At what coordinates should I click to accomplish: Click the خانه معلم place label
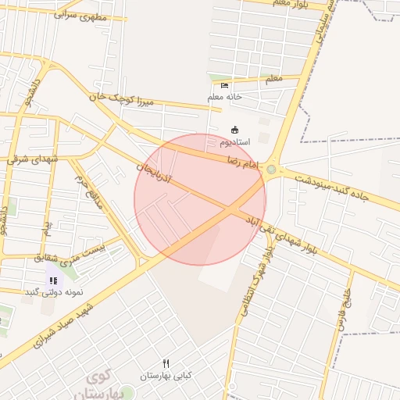click(225, 97)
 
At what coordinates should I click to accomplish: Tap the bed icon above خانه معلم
click(225, 85)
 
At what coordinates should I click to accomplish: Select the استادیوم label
click(234, 142)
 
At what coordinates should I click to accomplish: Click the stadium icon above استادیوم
click(234, 130)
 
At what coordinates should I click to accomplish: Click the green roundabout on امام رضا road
click(271, 169)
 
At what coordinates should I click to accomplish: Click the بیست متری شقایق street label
click(74, 253)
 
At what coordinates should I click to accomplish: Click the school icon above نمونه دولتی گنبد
click(53, 280)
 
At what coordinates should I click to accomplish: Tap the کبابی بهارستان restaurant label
click(166, 376)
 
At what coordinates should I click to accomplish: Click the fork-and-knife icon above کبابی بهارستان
click(166, 363)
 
